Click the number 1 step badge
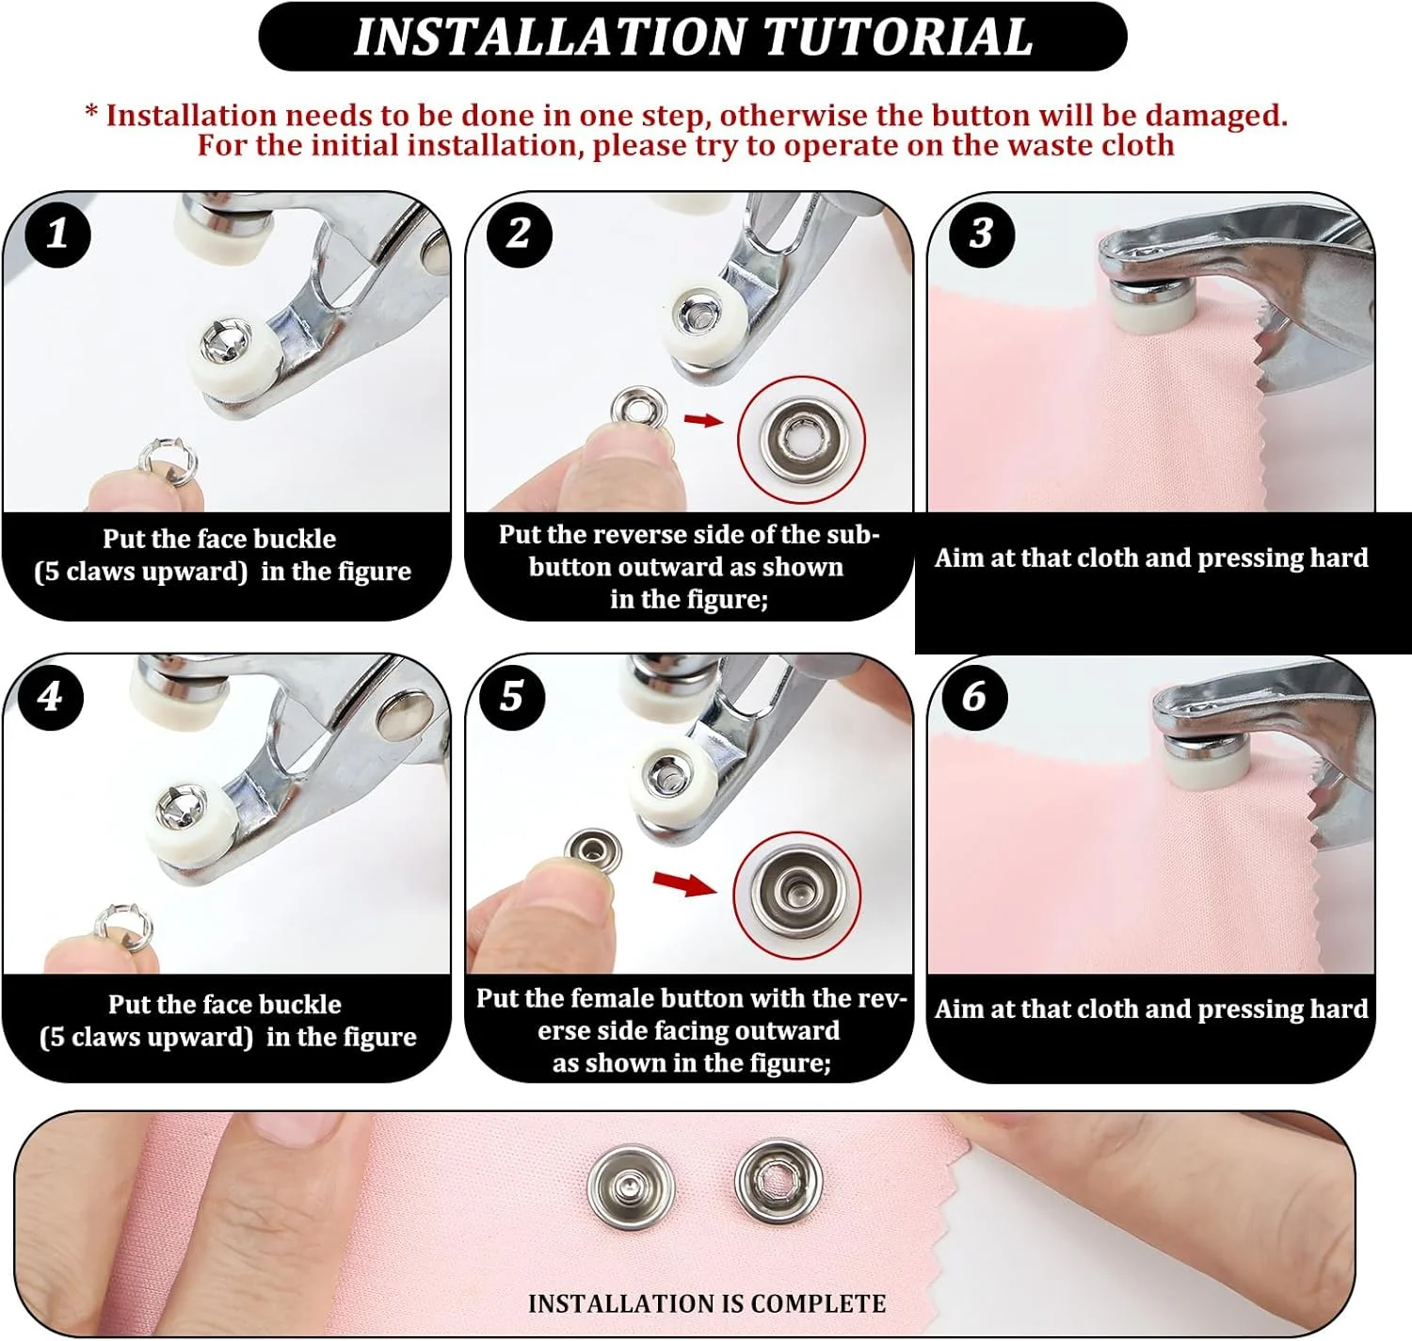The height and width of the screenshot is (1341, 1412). pos(57,234)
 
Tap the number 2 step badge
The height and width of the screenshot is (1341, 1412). pos(520,234)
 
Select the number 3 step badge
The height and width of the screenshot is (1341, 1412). pos(982,234)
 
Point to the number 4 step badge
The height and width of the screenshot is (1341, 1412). pos(50,697)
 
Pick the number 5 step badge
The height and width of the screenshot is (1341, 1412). pos(512,697)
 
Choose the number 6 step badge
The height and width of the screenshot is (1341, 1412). pos(974,697)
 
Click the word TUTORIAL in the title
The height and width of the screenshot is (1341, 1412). pos(898,37)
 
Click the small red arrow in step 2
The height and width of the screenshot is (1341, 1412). pos(703,419)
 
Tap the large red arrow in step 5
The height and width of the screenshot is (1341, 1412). pos(684,884)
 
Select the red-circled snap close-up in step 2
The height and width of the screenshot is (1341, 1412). pos(801,439)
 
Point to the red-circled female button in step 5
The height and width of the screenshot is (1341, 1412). pos(797,895)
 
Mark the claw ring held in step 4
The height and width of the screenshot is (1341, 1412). pos(122,929)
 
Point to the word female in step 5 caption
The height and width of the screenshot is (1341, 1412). pos(617,998)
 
